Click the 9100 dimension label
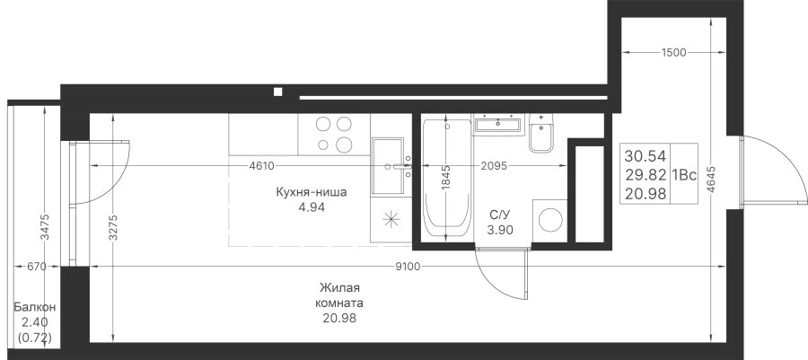408,267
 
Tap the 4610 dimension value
261,166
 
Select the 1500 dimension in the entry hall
674,53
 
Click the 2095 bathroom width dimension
494,166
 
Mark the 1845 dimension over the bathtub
446,178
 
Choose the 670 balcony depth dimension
37,267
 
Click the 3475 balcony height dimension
46,227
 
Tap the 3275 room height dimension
113,227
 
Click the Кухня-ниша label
312,193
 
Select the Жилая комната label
339,295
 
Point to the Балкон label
34,307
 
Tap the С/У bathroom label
500,215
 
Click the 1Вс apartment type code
684,175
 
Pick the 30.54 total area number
646,156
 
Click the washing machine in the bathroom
549,221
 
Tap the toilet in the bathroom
540,134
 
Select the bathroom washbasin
497,124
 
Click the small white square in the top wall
277,92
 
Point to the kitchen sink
388,166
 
